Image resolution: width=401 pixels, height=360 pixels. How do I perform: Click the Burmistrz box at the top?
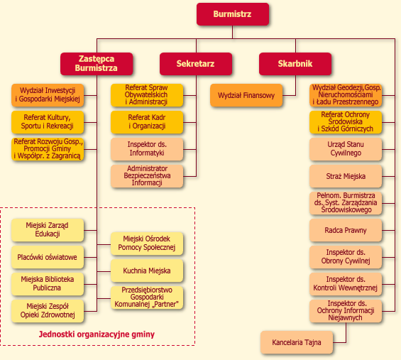click(233, 14)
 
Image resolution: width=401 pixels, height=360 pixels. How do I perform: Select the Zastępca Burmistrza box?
click(97, 64)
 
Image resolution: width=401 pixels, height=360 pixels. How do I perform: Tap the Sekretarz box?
click(196, 64)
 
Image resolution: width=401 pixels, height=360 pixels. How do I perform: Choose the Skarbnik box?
click(295, 64)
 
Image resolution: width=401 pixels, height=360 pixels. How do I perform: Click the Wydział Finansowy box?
click(246, 95)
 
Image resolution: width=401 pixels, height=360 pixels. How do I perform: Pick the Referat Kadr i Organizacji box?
click(147, 122)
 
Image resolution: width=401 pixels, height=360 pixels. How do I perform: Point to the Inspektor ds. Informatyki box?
click(147, 149)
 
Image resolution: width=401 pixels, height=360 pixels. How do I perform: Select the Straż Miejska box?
click(346, 176)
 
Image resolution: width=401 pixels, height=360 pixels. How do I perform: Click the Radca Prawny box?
click(346, 230)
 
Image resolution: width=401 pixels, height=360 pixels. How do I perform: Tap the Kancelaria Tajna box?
click(297, 342)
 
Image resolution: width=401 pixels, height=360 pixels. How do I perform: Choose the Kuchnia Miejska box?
click(147, 271)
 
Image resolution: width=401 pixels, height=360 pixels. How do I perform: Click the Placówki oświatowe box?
click(48, 257)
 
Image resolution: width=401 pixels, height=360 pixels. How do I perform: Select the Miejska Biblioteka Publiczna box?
click(48, 284)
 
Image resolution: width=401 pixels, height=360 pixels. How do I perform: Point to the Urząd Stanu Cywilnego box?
click(346, 149)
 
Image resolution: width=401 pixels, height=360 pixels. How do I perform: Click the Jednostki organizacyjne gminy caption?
click(97, 334)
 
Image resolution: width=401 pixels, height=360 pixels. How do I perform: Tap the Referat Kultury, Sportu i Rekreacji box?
click(48, 122)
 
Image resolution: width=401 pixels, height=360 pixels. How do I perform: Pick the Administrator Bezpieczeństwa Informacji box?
click(147, 176)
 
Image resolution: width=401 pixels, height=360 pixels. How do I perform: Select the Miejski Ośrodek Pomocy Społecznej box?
click(147, 244)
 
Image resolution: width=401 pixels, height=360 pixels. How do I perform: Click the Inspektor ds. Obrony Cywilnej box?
click(346, 257)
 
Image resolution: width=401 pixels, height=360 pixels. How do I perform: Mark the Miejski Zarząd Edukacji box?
click(48, 230)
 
